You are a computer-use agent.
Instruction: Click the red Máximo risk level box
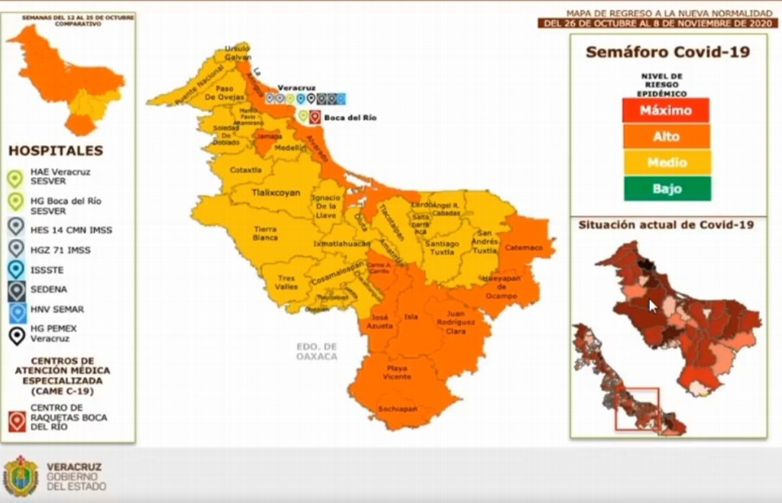[x=666, y=110]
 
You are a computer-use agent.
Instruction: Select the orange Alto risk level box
[x=666, y=137]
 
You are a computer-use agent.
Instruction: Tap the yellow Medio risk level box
[x=666, y=163]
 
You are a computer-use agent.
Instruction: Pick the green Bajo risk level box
[x=666, y=189]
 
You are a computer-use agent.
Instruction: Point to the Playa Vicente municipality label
[x=396, y=372]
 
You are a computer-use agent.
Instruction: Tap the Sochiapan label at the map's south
[x=397, y=409]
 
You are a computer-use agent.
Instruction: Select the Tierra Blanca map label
[x=265, y=233]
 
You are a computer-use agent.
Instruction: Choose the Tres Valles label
[x=286, y=282]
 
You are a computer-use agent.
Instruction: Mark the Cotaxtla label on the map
[x=246, y=169]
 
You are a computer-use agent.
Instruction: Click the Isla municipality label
[x=411, y=316]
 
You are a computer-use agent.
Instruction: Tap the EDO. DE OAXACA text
[x=317, y=351]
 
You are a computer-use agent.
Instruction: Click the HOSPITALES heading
[x=56, y=151]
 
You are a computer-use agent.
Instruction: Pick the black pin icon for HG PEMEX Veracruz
[x=16, y=334]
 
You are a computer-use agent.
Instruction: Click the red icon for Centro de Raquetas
[x=17, y=420]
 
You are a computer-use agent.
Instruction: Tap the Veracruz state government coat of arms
[x=21, y=476]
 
